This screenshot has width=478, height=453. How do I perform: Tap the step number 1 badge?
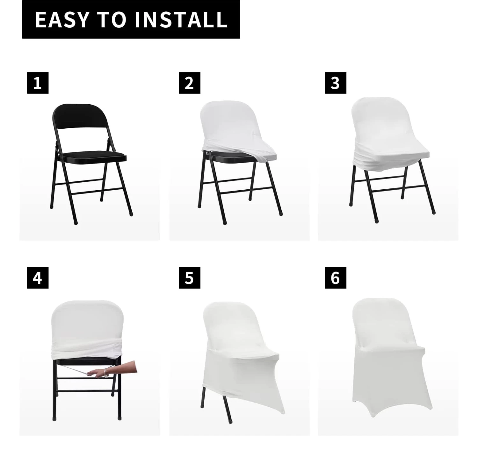coord(38,83)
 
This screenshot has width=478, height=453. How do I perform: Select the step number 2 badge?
coord(189,83)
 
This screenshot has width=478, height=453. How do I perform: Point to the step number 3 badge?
coord(335,83)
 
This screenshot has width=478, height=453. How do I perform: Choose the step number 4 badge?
coord(38,278)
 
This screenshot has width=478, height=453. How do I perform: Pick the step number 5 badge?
coord(189,278)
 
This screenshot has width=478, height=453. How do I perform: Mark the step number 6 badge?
coord(335,278)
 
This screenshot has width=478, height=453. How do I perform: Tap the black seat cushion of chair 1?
coord(92,156)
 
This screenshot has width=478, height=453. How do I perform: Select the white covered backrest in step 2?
coord(221,124)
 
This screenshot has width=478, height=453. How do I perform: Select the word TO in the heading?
coord(112,20)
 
